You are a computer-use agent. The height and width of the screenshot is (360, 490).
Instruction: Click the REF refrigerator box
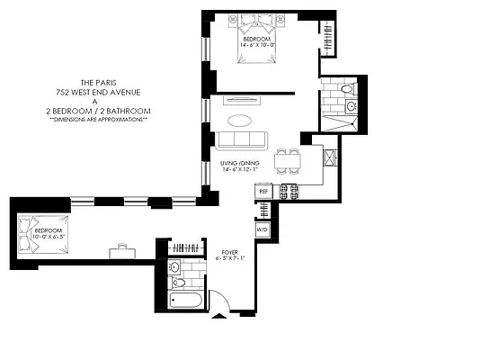click(264, 192)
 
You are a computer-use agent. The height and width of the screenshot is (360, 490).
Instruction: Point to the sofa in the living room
click(240, 139)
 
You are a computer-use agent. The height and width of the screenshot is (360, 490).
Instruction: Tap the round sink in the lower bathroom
click(176, 267)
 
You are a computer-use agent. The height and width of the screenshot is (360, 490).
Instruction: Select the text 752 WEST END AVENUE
click(100, 91)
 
